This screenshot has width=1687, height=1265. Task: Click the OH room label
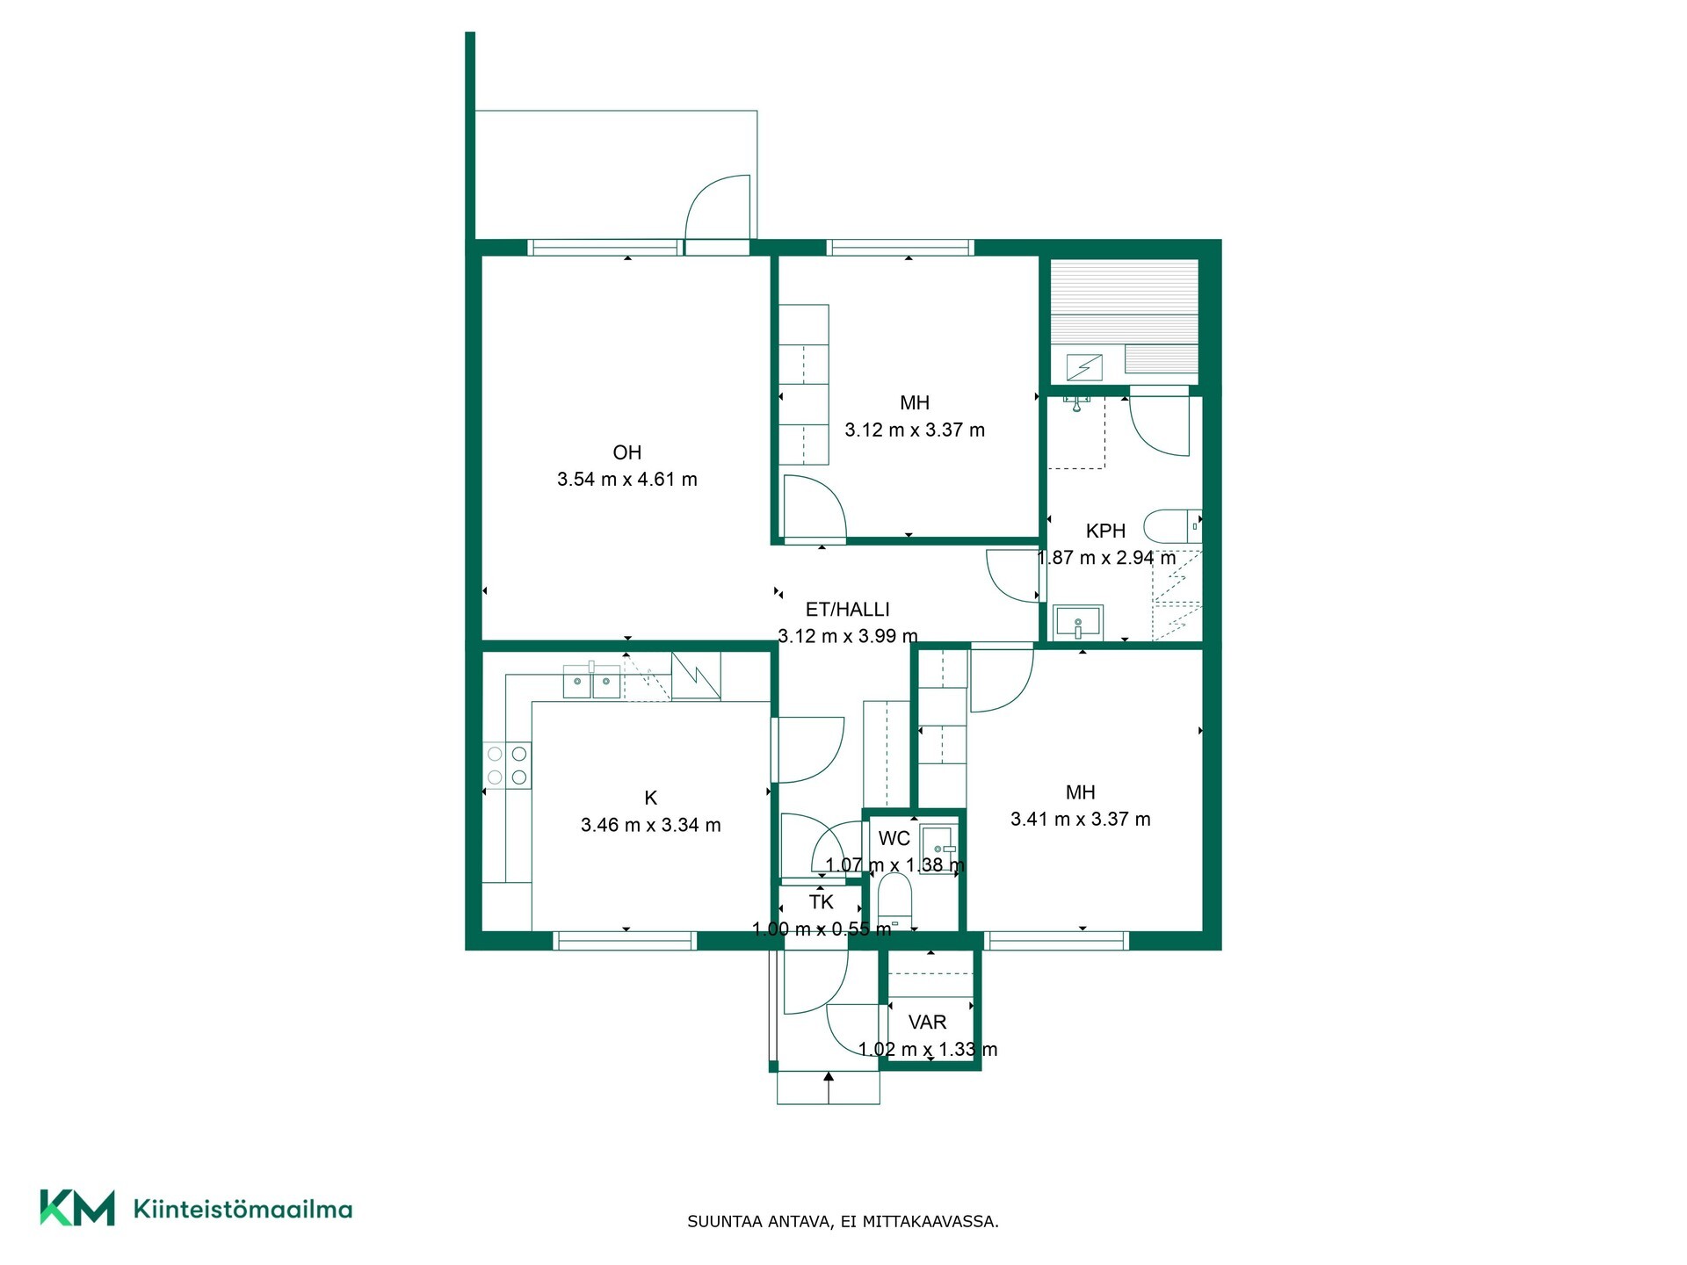pos(626,452)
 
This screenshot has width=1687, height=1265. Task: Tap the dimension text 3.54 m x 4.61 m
pos(627,480)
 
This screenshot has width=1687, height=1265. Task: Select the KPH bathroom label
pos(1105,531)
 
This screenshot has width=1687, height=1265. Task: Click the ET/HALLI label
pos(848,609)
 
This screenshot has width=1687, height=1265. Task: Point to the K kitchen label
pos(651,798)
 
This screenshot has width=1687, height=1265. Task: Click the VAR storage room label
pos(927,1023)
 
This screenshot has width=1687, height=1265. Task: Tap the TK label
pos(822,902)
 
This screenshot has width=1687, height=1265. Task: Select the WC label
pos(894,838)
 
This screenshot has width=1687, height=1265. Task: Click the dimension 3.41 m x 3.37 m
pos(1081,820)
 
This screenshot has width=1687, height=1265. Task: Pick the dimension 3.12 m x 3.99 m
pos(848,636)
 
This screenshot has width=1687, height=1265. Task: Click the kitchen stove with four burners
pos(507,765)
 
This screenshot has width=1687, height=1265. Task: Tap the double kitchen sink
pos(592,681)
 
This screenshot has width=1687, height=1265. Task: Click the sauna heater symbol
pos(1084,366)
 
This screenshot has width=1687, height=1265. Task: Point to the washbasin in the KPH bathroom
pos(1078,623)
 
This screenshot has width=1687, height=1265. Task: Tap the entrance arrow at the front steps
pos(829,1088)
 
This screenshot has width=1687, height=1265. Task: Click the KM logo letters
pos(77,1208)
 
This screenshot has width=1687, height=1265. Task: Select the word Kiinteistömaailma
pos(243,1209)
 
